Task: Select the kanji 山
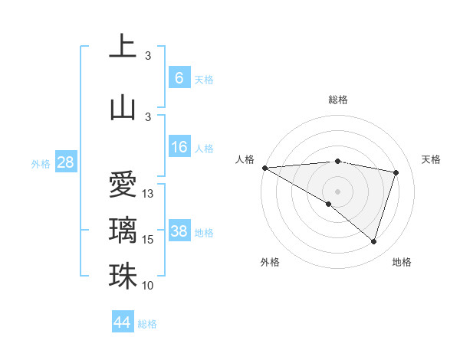point(123,107)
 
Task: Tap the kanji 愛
point(123,185)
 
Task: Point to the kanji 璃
point(123,231)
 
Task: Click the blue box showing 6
point(179,77)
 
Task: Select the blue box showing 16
point(179,147)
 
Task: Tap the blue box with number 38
point(179,231)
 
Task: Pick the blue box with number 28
point(65,162)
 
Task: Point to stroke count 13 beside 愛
point(149,194)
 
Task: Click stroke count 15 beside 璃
point(149,240)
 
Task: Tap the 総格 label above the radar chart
point(338,100)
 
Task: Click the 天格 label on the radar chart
point(432,159)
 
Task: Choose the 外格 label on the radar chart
point(270,262)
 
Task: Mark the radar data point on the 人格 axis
point(264,168)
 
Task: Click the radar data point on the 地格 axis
point(373,242)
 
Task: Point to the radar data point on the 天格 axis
point(396,172)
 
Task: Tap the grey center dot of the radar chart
point(337,190)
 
